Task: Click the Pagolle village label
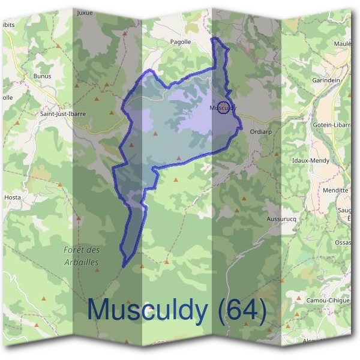[181, 42]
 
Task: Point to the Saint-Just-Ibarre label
[63, 113]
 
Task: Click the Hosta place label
[12, 196]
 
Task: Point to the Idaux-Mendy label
[310, 161]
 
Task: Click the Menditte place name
[335, 190]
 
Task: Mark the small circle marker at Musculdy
[223, 108]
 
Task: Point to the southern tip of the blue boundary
[124, 266]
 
